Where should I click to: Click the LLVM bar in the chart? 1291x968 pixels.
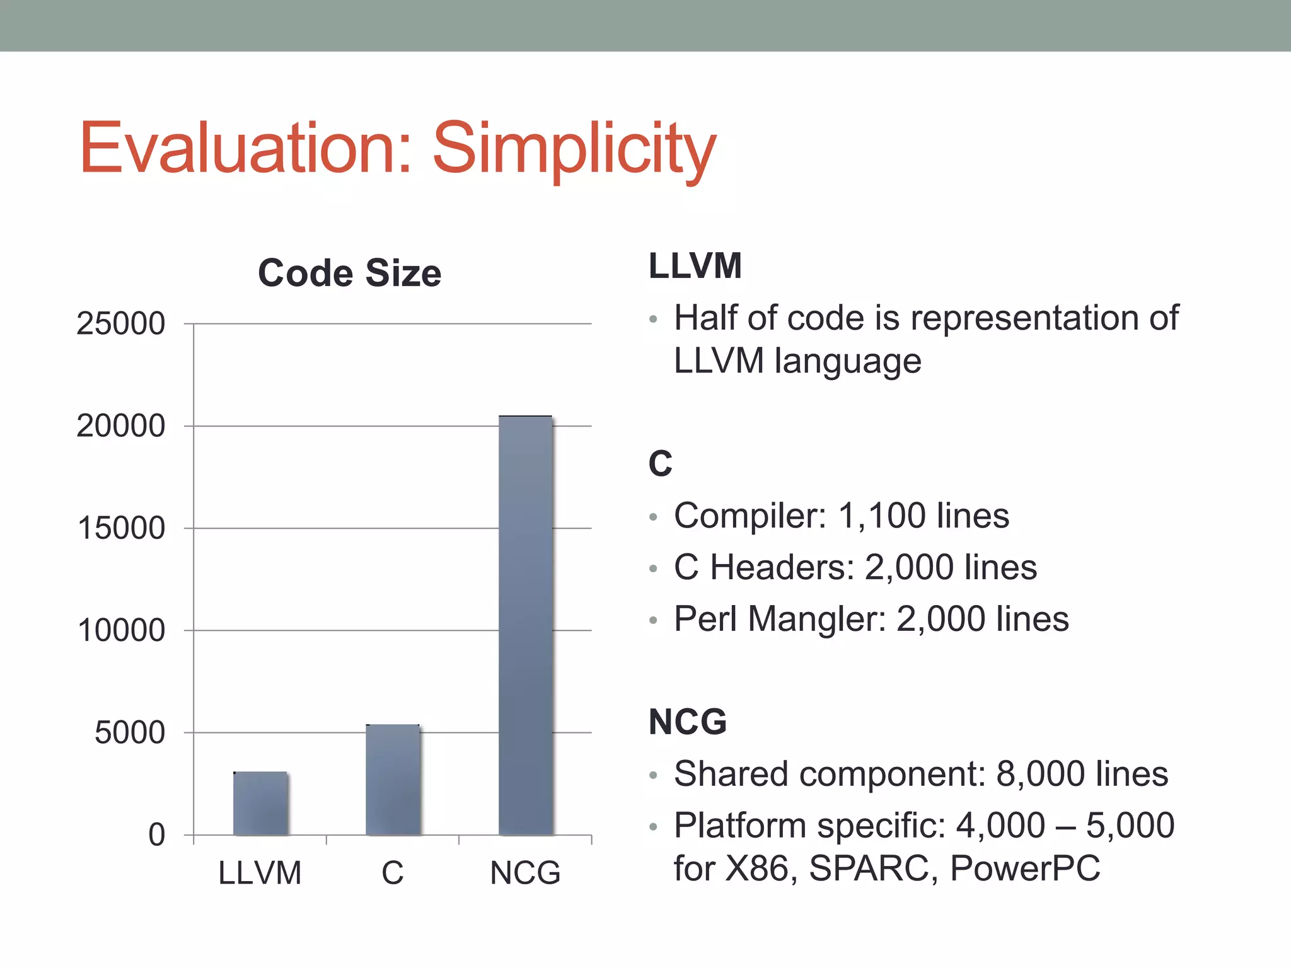[x=260, y=804]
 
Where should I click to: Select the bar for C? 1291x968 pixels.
[x=393, y=780]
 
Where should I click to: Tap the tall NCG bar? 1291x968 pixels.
[x=525, y=625]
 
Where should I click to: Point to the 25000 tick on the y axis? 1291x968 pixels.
[x=120, y=324]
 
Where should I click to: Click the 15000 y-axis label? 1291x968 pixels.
[x=120, y=528]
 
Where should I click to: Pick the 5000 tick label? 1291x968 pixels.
[x=129, y=733]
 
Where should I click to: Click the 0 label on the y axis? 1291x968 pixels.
[x=156, y=835]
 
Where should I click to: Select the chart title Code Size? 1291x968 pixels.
[x=349, y=273]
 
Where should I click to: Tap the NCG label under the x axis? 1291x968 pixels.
[x=525, y=873]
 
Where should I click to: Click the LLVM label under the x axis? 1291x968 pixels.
[x=260, y=873]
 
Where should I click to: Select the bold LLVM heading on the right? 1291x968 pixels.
[x=695, y=266]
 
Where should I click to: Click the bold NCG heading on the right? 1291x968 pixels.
[x=687, y=722]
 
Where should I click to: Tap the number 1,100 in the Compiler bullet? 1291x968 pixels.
[x=881, y=516]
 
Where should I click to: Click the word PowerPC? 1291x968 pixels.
[x=1025, y=868]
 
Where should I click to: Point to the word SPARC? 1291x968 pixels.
[x=869, y=868]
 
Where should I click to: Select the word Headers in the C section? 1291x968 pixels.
[x=782, y=567]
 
